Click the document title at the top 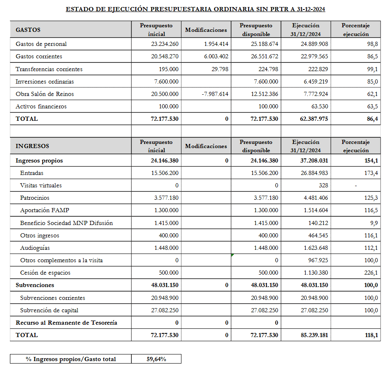tap(195, 9)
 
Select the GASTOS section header tap(28, 30)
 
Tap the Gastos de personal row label tap(41, 44)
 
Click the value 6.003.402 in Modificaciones tap(216, 56)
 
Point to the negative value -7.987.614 tap(215, 94)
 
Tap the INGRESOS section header tap(32, 146)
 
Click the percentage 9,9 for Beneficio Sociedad tap(374, 223)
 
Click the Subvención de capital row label tap(49, 310)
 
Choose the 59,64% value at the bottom tap(156, 359)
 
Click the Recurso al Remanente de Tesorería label tap(66, 323)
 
